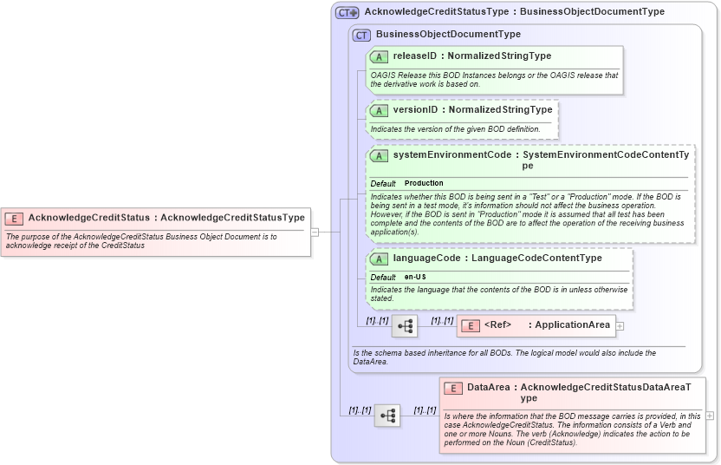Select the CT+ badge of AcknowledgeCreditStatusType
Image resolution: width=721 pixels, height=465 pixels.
348,12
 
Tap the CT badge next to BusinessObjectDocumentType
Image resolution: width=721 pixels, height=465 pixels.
362,35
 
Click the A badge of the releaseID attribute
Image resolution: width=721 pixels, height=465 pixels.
379,56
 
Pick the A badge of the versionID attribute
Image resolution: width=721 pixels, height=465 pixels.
379,110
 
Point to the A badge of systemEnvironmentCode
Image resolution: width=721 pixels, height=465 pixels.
379,155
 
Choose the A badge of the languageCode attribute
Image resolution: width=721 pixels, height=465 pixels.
379,259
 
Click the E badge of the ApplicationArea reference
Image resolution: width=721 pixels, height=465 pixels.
470,325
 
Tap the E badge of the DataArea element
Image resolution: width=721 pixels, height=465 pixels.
453,388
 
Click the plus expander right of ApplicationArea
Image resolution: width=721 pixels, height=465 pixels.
620,326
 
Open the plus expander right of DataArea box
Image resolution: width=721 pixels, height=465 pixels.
710,416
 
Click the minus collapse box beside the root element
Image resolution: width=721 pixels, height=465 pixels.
315,232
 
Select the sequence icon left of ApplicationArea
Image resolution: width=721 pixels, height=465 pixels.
405,326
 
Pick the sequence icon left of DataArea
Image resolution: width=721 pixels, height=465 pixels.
387,416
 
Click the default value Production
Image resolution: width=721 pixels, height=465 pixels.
424,183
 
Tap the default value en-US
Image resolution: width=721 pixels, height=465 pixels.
415,277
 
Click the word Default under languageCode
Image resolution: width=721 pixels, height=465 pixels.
383,277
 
